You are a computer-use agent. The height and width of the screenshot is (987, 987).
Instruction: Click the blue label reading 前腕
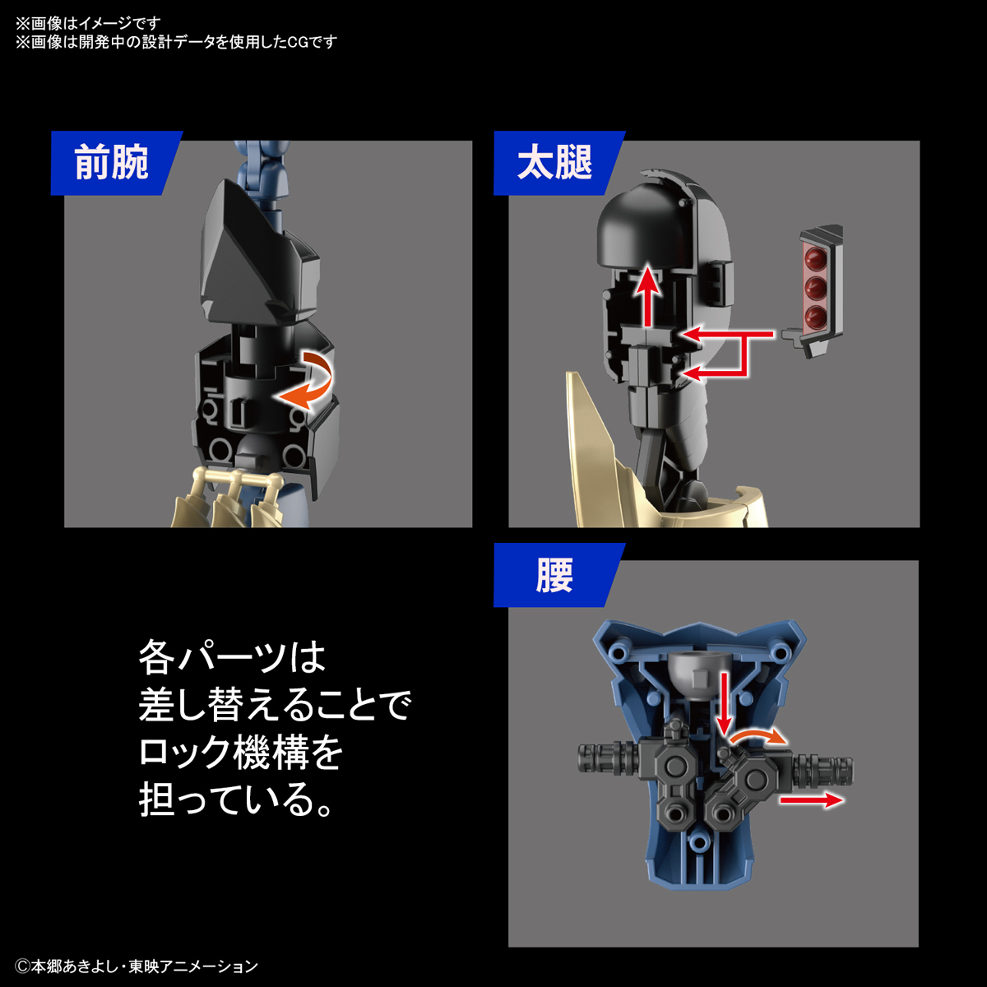pos(112,163)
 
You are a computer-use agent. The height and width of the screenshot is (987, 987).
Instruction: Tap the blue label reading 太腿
pos(555,163)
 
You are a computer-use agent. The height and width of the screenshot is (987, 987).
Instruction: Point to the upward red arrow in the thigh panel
pos(650,296)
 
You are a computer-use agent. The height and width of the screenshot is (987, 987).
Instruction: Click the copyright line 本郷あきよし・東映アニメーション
pos(137,966)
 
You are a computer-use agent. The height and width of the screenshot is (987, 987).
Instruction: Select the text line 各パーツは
pos(233,657)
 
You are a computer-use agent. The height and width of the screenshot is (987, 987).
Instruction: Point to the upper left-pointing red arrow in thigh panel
pos(728,335)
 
